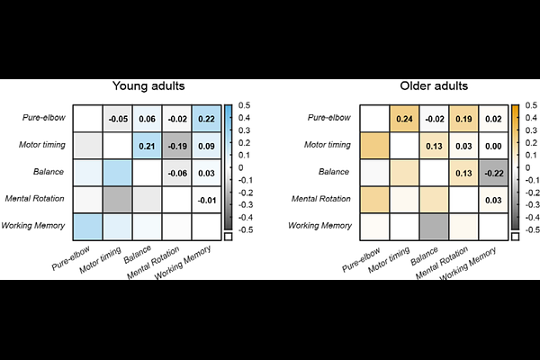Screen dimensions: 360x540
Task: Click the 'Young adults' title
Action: pyautogui.click(x=148, y=87)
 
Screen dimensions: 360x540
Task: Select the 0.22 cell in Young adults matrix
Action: pyautogui.click(x=205, y=119)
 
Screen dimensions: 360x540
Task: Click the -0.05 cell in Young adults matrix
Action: pyautogui.click(x=117, y=119)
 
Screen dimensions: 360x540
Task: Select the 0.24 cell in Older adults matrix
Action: pyautogui.click(x=404, y=119)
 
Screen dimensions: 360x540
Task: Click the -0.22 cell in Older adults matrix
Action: pyautogui.click(x=492, y=172)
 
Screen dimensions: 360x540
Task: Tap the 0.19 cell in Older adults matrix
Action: pyautogui.click(x=463, y=119)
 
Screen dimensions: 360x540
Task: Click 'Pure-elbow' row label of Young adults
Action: pyautogui.click(x=42, y=119)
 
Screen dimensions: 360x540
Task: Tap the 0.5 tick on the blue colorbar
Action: pyautogui.click(x=243, y=104)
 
